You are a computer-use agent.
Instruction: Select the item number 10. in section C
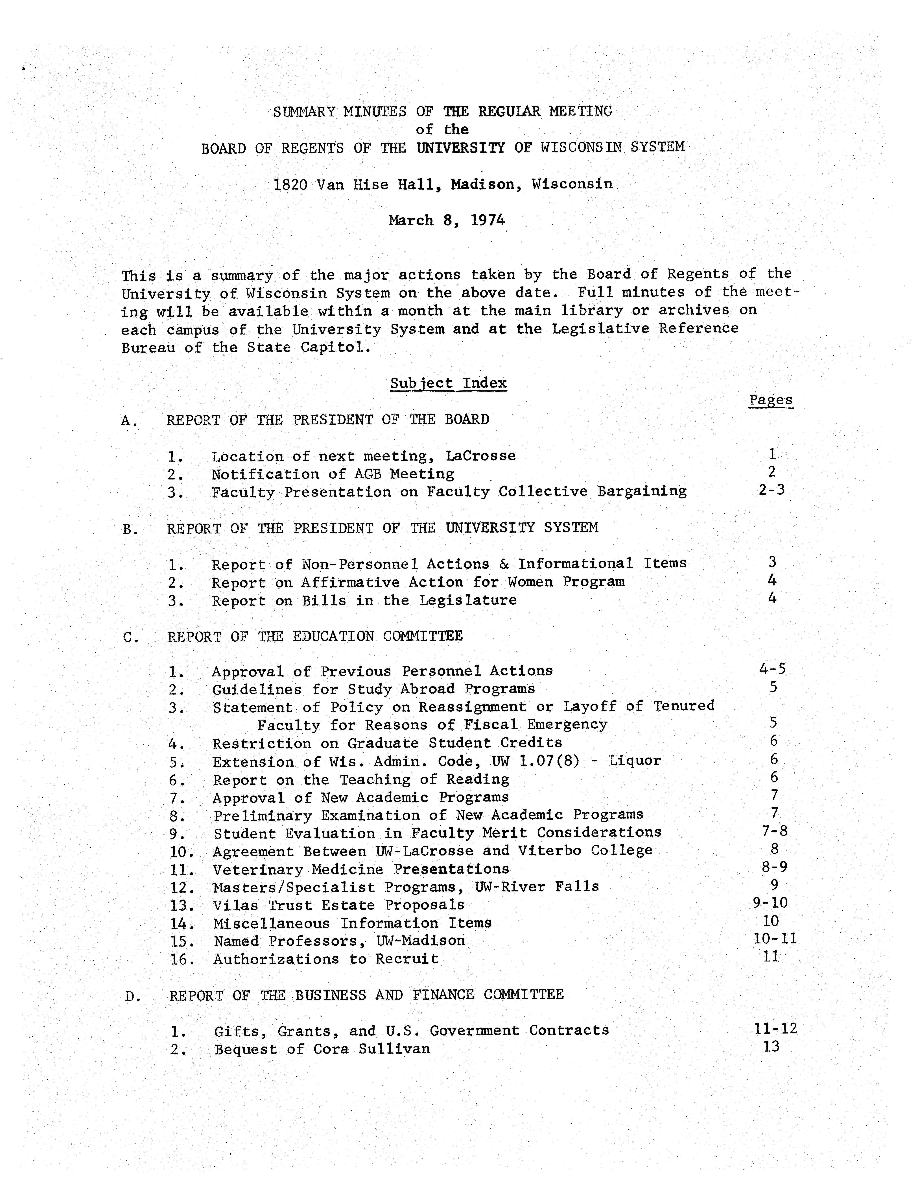[x=182, y=852]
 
